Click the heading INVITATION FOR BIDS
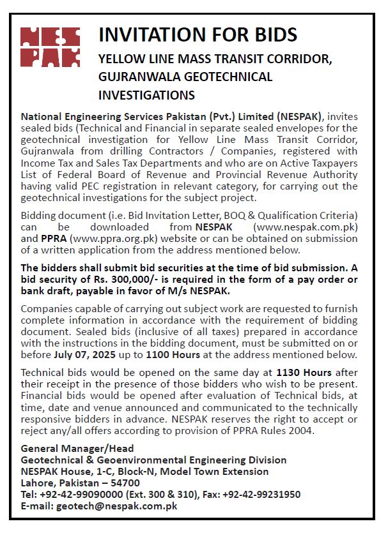point(197,34)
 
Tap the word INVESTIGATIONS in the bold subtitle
point(146,95)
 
